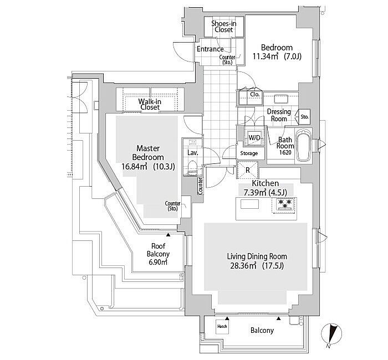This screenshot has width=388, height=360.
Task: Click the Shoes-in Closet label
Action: click(224, 26)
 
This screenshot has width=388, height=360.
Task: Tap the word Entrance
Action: click(211, 49)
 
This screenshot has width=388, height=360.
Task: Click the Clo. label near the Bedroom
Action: click(256, 95)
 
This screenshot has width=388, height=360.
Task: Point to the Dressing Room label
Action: click(278, 115)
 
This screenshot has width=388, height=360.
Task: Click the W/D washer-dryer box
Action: click(254, 137)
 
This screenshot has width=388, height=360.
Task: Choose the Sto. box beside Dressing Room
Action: click(304, 117)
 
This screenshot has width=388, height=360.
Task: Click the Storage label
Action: click(249, 153)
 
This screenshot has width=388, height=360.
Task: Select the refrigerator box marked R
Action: click(247, 169)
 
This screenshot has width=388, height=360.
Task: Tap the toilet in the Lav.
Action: click(192, 167)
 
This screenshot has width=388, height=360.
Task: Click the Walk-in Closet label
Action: click(149, 104)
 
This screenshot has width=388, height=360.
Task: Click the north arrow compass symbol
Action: click(332, 335)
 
